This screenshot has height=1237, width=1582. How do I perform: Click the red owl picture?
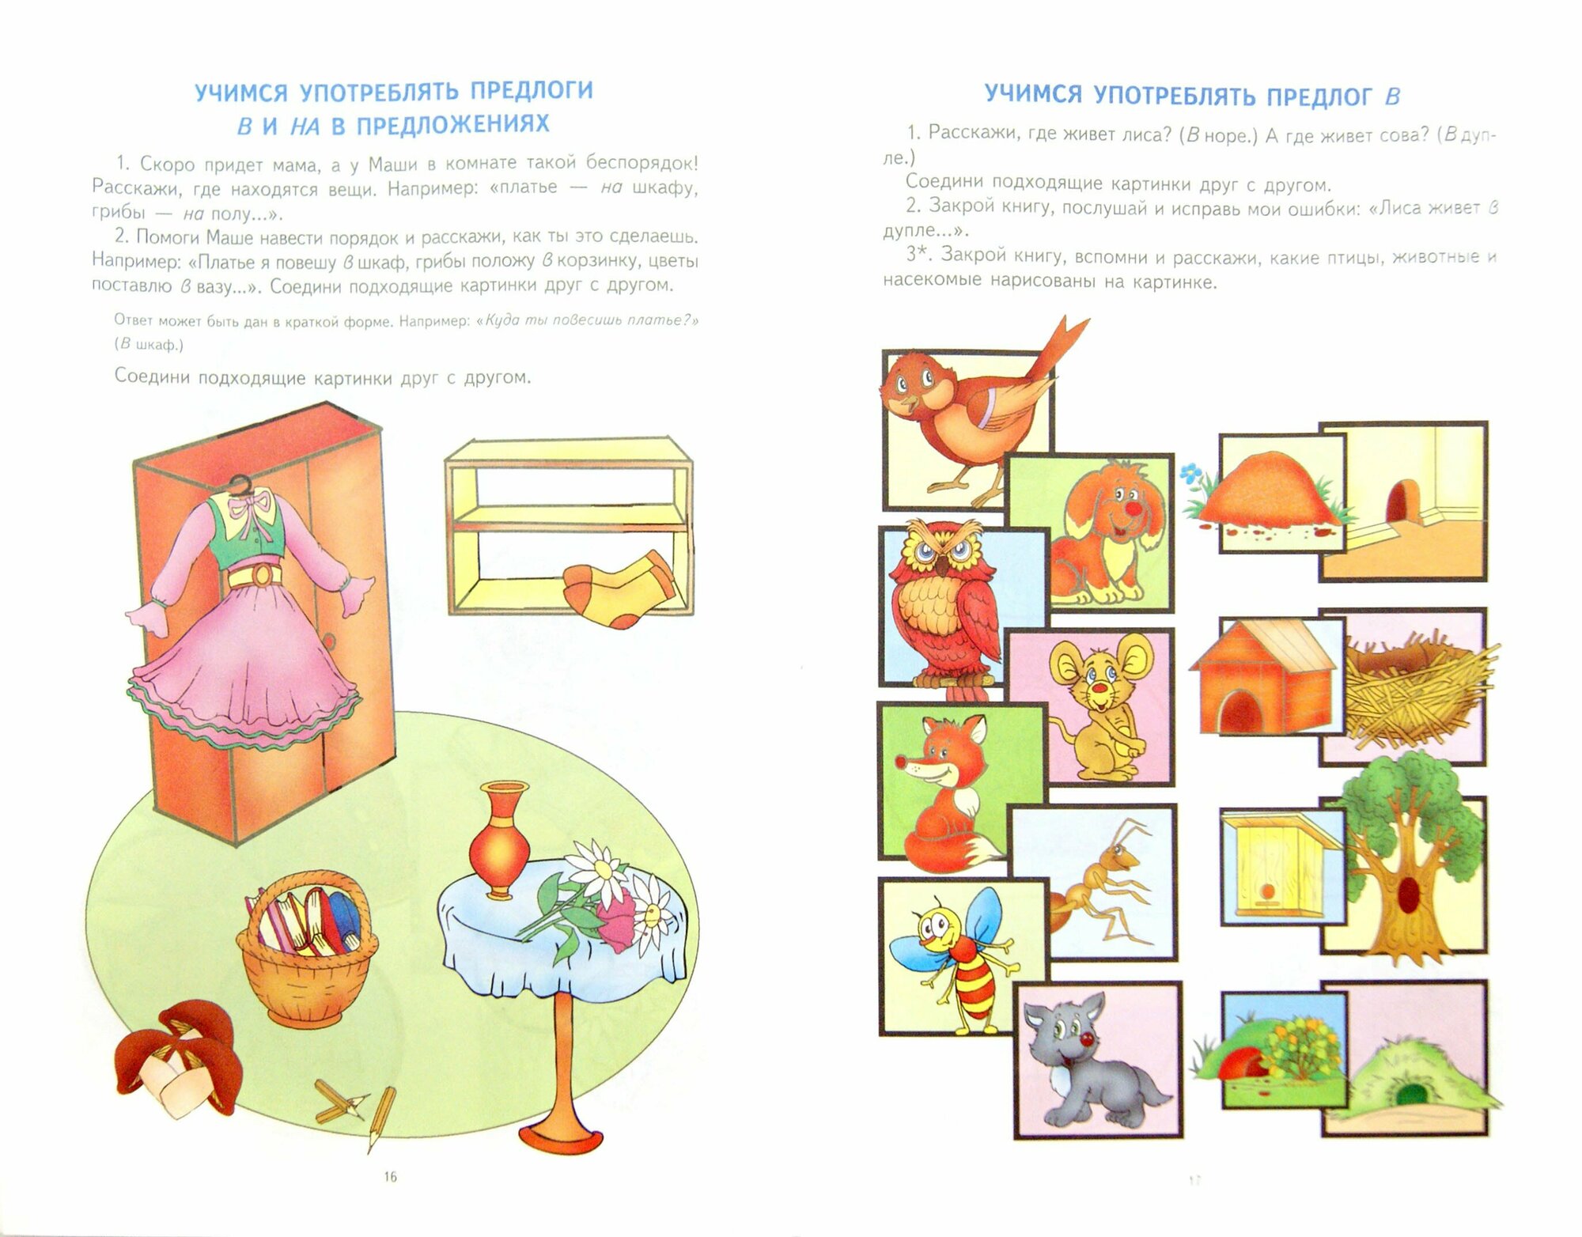click(x=941, y=609)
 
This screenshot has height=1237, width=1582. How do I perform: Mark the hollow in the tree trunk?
click(x=1409, y=895)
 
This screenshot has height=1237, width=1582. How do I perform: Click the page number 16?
click(x=390, y=1177)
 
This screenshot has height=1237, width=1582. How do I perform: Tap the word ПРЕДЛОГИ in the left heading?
click(x=532, y=90)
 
